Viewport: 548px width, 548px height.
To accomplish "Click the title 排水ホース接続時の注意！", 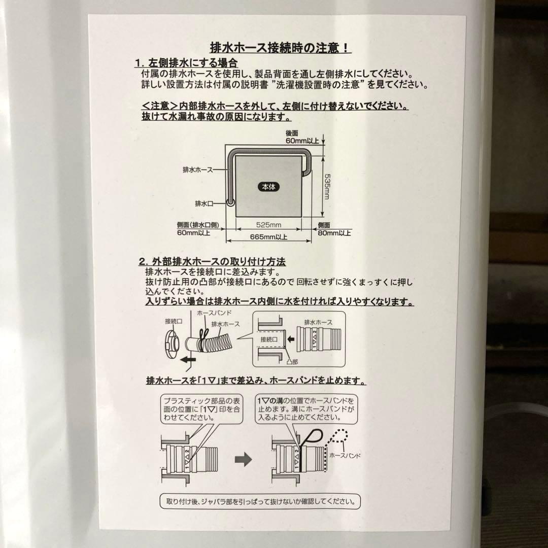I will click(x=280, y=48).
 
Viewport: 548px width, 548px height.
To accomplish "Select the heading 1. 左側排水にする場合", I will click(x=186, y=63).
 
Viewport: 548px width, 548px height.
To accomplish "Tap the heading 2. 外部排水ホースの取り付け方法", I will click(x=212, y=262).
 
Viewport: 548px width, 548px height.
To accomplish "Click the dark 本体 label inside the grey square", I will click(x=268, y=186).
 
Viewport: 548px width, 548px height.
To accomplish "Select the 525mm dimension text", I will click(x=269, y=225).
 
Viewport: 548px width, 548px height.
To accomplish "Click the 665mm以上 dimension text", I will click(x=268, y=236).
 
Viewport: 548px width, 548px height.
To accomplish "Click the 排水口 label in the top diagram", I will click(x=203, y=203).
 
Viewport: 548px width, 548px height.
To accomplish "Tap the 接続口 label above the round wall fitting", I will click(x=174, y=321).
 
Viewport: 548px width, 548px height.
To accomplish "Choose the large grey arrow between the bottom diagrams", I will click(x=244, y=460).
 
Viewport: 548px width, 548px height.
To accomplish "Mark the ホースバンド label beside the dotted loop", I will click(x=345, y=456).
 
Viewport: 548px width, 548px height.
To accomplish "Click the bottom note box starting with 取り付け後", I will click(x=260, y=502).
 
